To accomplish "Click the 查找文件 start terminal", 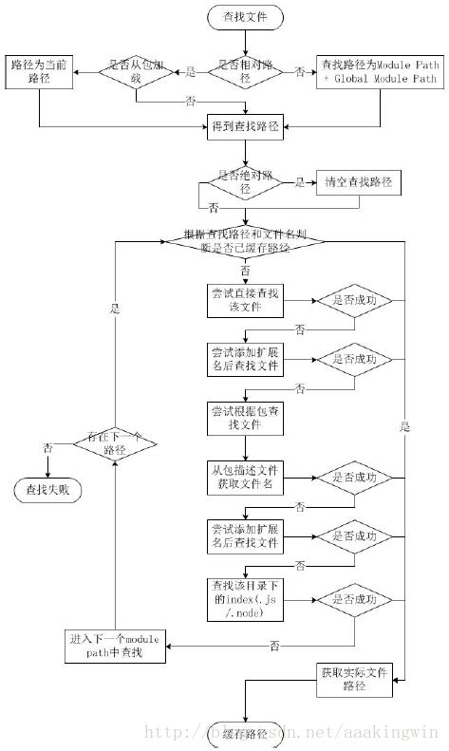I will [x=245, y=17].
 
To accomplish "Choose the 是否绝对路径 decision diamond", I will [x=245, y=183].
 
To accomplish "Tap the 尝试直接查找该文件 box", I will [x=245, y=300].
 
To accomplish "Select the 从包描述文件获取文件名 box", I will [x=245, y=477].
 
